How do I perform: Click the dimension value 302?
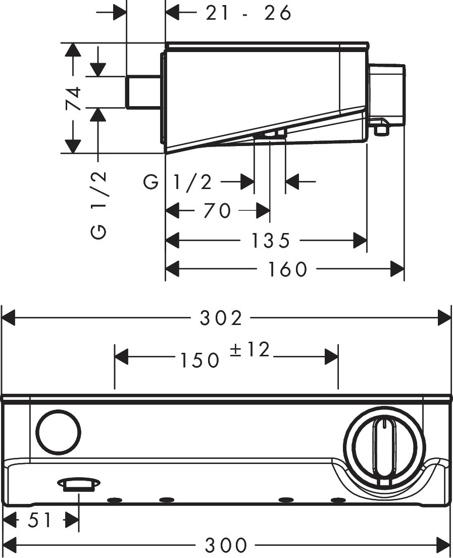click(221, 318)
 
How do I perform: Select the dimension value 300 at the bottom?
click(226, 545)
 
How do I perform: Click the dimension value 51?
click(40, 520)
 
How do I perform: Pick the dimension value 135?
click(270, 241)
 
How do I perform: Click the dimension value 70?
click(217, 210)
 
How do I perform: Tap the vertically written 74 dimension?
click(73, 98)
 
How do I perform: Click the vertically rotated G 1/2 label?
click(99, 204)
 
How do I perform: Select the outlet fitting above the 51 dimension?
click(79, 485)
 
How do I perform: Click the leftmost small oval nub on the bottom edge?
click(115, 500)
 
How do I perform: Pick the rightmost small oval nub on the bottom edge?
click(337, 500)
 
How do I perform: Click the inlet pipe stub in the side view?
click(143, 92)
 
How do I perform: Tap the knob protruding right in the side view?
click(388, 94)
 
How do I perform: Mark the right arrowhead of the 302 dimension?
click(444, 318)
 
